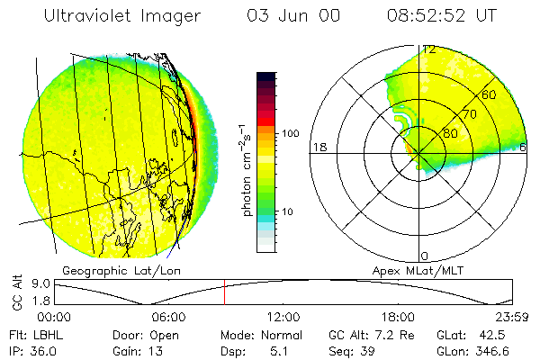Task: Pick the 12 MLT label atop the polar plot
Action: [x=430, y=49]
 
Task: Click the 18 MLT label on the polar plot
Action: [x=318, y=147]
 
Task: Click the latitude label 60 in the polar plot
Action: [x=490, y=94]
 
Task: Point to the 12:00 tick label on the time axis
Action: [x=283, y=317]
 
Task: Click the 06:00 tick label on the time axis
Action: [x=169, y=317]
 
